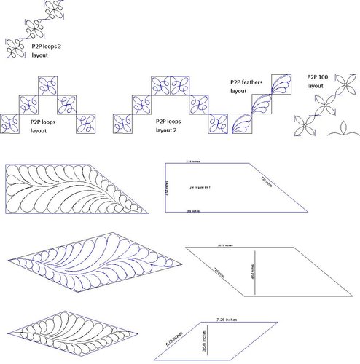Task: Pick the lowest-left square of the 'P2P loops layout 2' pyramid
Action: point(123,125)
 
